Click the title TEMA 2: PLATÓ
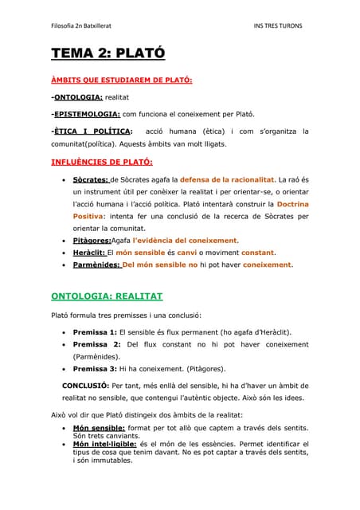(108, 54)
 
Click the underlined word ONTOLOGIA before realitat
(78, 96)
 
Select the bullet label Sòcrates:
(91, 180)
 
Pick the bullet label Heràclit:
(88, 252)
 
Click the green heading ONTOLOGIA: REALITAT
(107, 296)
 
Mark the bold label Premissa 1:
(95, 331)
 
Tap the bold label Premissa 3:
(95, 369)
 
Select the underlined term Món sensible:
(99, 427)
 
